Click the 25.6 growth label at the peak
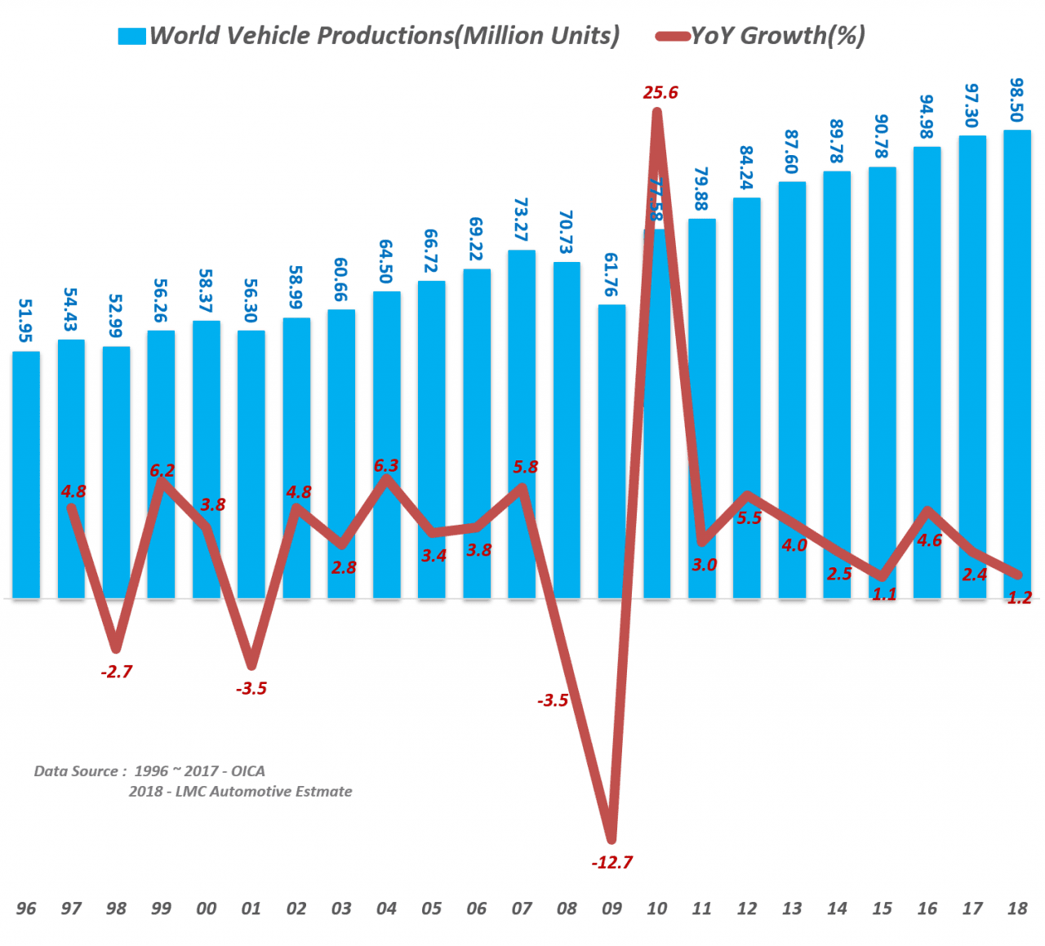(660, 92)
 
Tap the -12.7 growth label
(612, 862)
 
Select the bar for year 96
(26, 473)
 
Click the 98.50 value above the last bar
(1016, 100)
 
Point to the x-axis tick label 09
(611, 908)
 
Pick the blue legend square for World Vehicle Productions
(131, 36)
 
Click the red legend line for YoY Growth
(673, 36)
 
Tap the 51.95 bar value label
(26, 320)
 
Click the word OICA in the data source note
(248, 771)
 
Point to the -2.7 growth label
(117, 672)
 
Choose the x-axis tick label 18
(1017, 908)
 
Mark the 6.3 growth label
(386, 465)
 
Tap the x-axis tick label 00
(207, 908)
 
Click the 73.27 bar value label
(521, 220)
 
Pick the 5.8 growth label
(526, 467)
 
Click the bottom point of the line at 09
(611, 839)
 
